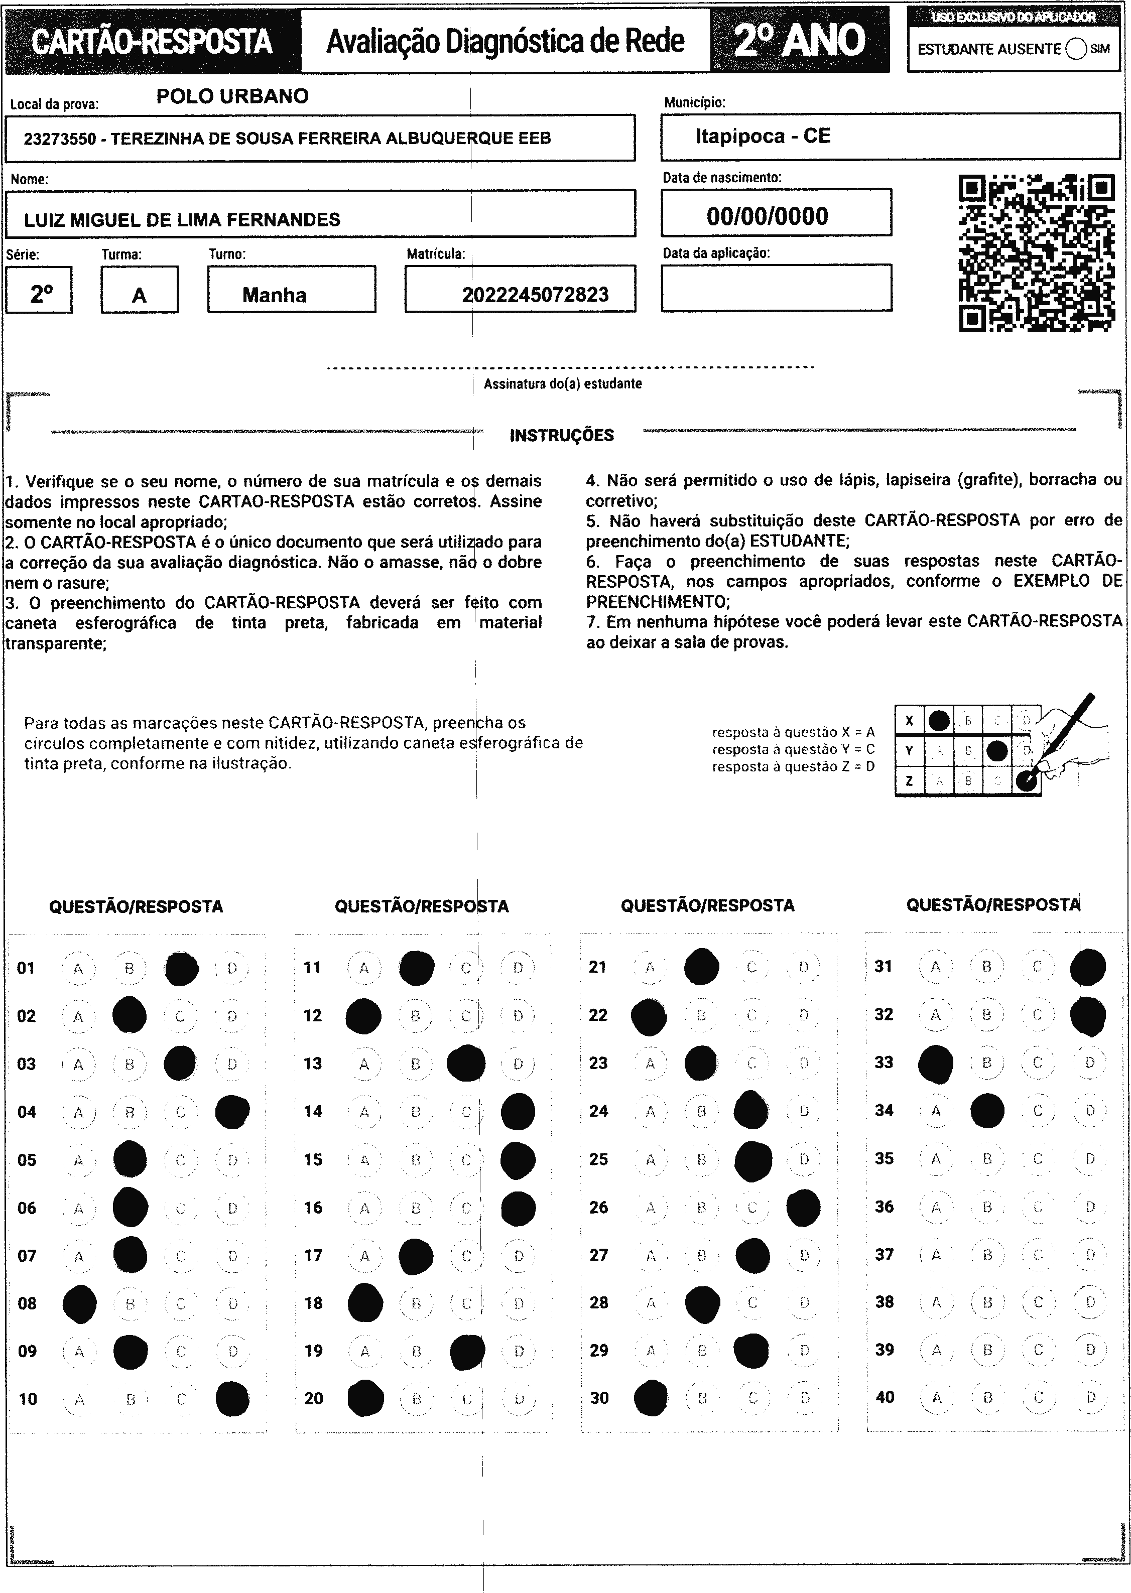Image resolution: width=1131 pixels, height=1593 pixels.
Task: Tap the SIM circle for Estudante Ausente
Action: pos(1075,49)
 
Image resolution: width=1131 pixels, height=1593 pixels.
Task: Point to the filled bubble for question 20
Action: pos(365,1398)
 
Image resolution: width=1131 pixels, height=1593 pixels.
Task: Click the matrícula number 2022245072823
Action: pos(535,295)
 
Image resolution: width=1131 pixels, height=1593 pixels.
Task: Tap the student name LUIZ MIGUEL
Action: pos(182,220)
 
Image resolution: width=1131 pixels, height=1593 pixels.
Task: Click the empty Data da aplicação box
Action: pos(776,288)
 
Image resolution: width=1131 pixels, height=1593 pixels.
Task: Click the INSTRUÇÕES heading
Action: pos(561,436)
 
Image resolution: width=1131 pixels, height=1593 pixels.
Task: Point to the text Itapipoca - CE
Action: pos(763,136)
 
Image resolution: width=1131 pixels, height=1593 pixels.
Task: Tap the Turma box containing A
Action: pos(139,290)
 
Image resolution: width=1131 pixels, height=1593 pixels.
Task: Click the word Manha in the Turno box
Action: pos(275,295)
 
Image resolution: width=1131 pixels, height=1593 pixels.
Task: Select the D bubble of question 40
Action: pos(1090,1397)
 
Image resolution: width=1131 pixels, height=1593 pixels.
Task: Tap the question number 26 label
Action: pos(598,1207)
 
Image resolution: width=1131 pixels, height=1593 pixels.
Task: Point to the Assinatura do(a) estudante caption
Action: pos(562,383)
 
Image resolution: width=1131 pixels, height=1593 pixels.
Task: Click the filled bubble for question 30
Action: pos(651,1398)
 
